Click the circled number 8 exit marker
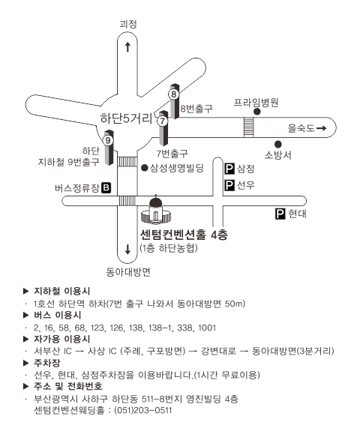point(174,94)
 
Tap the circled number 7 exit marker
point(163,121)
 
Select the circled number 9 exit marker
point(108,141)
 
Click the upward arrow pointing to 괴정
point(127,46)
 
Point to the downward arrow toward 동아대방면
point(127,249)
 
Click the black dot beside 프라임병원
point(257,112)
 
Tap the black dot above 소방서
point(278,144)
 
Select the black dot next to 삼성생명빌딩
point(144,168)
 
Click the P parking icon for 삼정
point(229,169)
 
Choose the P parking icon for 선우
point(229,185)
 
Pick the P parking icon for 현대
point(280,214)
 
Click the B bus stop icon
point(106,188)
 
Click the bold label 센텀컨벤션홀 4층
point(184,235)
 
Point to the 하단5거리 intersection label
point(126,118)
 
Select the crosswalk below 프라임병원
point(249,127)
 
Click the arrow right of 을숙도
point(322,128)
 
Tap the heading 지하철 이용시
point(62,291)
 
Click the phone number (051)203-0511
point(143,410)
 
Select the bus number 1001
point(207,328)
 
